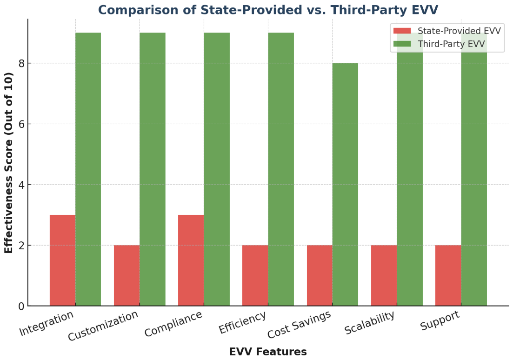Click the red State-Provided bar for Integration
(62, 260)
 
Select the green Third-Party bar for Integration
(88, 169)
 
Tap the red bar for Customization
(127, 275)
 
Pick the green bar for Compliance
(217, 169)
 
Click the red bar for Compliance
(191, 260)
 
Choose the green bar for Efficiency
(281, 169)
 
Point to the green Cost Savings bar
(345, 185)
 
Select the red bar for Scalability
(384, 275)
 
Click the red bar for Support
(448, 275)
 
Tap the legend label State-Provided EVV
(459, 31)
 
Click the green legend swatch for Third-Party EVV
(402, 44)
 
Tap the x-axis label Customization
(103, 326)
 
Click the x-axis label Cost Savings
(300, 324)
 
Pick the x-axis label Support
(440, 320)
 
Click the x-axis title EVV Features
(268, 352)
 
